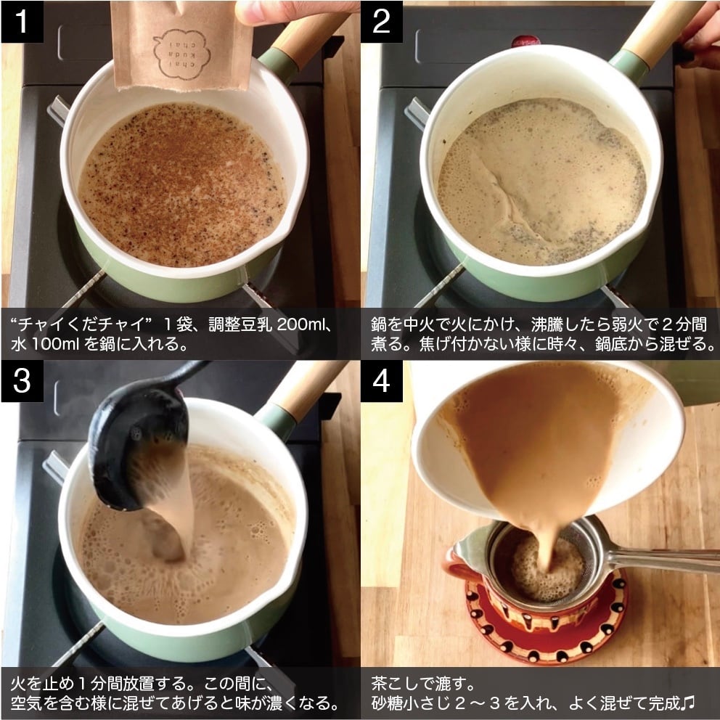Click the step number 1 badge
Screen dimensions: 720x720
22,21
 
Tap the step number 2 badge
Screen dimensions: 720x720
382,21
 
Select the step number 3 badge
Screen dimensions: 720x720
22,380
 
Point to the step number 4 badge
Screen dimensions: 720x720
382,380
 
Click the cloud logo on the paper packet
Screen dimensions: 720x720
182,54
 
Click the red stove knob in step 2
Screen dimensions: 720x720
525,41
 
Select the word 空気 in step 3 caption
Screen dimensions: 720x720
26,703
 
